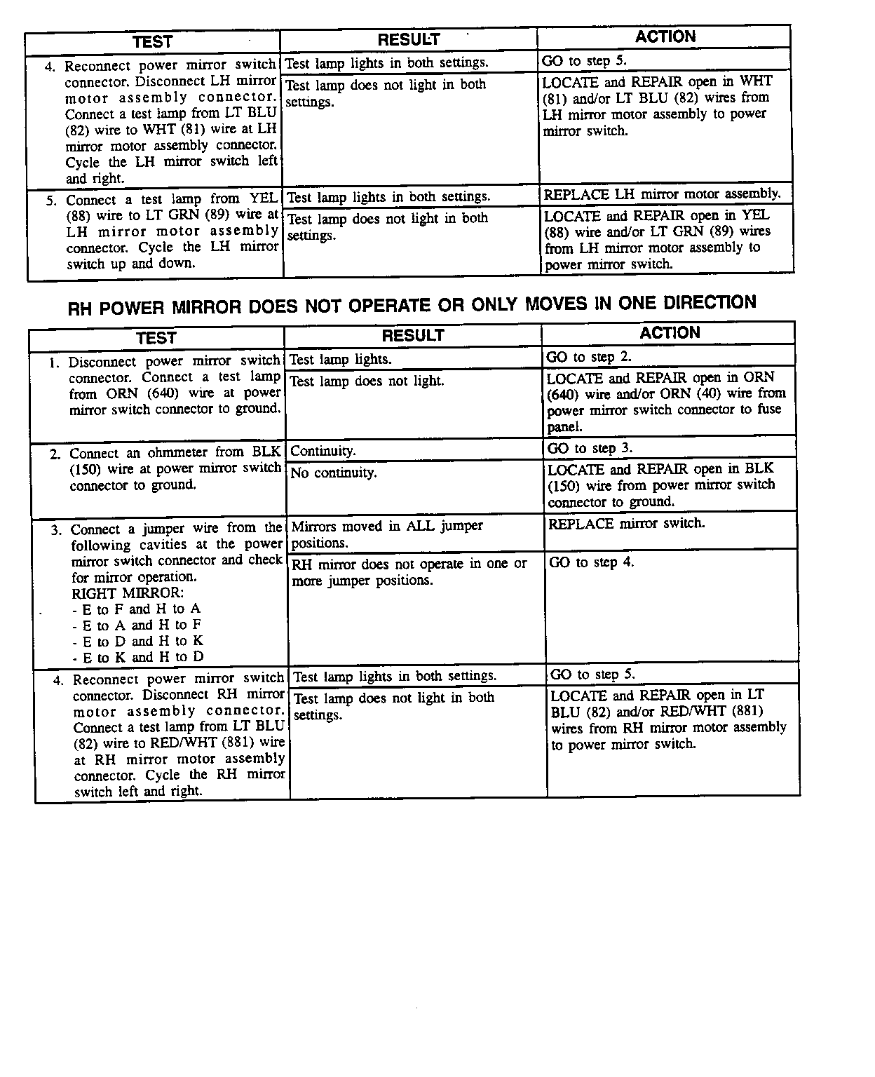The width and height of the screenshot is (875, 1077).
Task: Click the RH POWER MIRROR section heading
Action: [x=412, y=306]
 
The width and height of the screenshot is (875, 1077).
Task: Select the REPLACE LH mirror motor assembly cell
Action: [x=662, y=194]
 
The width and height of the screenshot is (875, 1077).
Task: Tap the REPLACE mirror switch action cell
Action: [x=626, y=524]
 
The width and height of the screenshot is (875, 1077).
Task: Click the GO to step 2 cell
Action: [x=589, y=357]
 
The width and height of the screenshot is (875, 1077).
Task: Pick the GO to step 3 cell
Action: [x=590, y=448]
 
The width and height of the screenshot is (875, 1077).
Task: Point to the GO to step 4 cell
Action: [x=591, y=562]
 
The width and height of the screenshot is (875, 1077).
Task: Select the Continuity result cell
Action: [x=323, y=451]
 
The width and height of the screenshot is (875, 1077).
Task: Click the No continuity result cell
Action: [x=334, y=473]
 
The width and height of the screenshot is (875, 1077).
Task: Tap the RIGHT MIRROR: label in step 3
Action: [x=128, y=593]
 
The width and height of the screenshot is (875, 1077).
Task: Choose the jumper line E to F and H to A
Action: [x=137, y=609]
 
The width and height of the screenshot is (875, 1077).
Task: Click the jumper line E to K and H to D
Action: [x=138, y=658]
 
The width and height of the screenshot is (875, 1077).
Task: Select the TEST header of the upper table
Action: [x=152, y=41]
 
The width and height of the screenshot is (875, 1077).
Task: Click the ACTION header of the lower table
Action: [x=670, y=333]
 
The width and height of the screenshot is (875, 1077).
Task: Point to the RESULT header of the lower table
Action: [x=413, y=336]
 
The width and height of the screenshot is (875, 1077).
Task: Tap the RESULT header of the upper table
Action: [x=409, y=40]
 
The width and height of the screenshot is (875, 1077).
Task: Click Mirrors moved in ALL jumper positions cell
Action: [x=387, y=534]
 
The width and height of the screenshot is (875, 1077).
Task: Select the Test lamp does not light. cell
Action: [x=367, y=381]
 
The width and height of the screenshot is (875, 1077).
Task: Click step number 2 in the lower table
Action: [x=55, y=454]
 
